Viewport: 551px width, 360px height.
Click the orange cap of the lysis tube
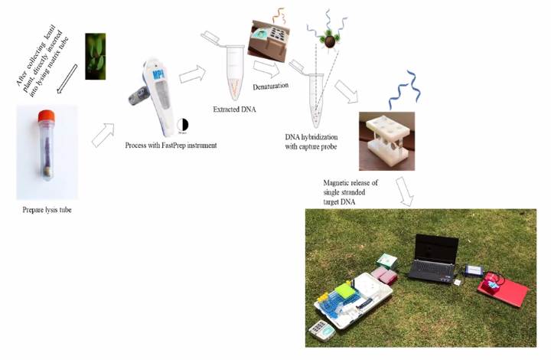point(47,116)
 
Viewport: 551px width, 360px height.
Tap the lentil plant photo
point(95,56)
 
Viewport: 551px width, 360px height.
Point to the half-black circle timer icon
point(182,123)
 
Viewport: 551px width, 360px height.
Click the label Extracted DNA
point(234,110)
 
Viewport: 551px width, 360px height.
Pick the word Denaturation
point(270,85)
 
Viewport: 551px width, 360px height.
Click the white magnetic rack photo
point(386,140)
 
